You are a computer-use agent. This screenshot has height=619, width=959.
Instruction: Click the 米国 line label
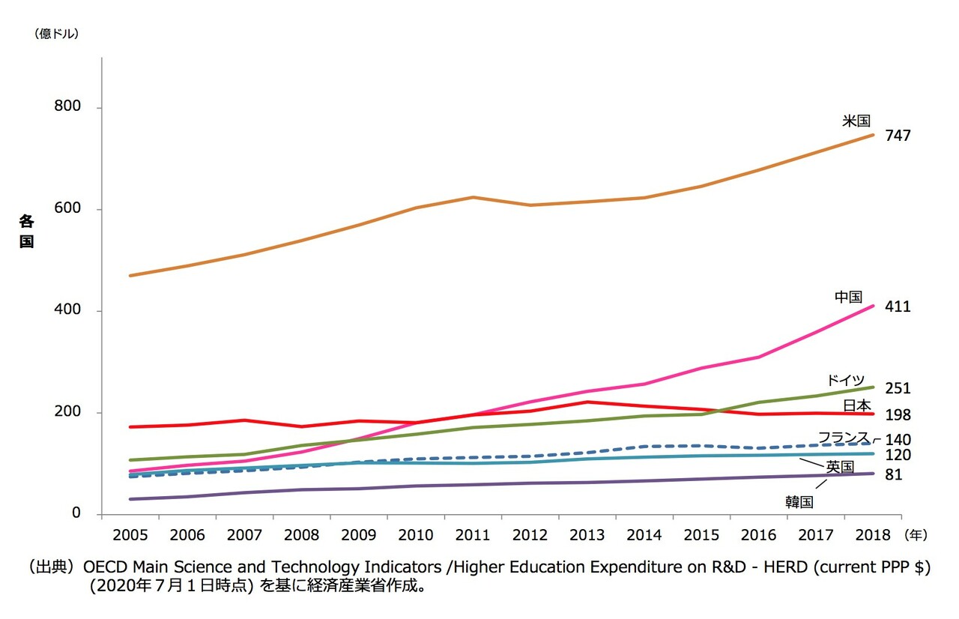(x=856, y=121)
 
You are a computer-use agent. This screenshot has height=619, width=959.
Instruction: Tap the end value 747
(x=898, y=136)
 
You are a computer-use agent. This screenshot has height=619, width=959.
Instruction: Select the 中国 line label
(x=849, y=298)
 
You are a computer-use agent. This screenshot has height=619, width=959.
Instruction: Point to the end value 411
(x=898, y=307)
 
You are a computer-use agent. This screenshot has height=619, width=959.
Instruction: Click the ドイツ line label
(x=846, y=380)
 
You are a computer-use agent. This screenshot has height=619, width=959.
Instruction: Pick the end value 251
(x=898, y=388)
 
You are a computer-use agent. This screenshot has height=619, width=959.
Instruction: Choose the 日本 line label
(x=857, y=405)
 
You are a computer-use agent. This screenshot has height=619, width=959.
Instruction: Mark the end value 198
(x=898, y=414)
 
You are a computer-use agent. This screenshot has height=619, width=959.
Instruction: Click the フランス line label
(x=843, y=438)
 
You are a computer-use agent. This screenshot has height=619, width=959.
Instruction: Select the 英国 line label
(x=840, y=467)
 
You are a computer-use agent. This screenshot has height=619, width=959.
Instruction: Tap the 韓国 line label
(x=799, y=502)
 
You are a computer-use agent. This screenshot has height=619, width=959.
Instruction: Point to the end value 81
(x=894, y=475)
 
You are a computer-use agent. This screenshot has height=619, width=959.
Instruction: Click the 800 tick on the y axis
(x=67, y=107)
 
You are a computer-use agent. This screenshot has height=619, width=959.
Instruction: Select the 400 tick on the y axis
(x=67, y=310)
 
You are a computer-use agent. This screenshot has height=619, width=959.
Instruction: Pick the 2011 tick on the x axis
(x=473, y=535)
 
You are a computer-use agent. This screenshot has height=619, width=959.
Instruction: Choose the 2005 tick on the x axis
(x=130, y=535)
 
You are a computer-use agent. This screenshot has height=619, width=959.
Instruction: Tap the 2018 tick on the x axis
(x=871, y=535)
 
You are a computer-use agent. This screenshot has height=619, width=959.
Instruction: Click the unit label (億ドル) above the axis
(x=56, y=33)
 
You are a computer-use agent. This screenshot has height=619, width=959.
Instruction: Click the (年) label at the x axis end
(x=916, y=535)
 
